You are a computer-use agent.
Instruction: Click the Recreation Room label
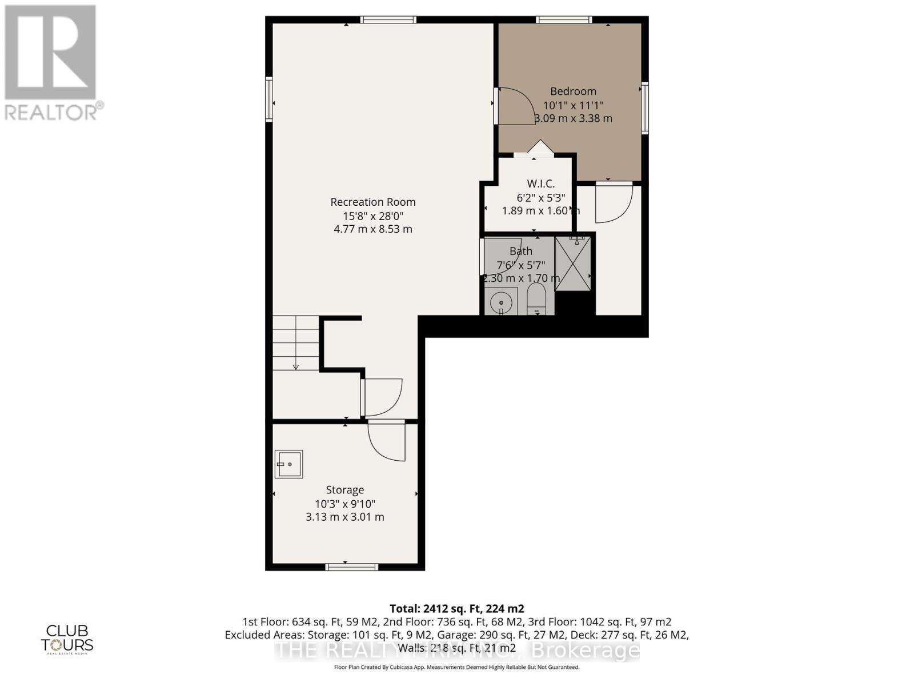tap(372, 202)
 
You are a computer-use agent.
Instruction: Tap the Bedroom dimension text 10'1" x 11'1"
tap(573, 105)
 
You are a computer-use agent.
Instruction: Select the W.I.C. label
tap(540, 184)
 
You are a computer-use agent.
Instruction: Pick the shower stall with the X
tap(573, 264)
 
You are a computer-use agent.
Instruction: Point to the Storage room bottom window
tap(351, 567)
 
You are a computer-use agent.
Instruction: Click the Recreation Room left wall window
tap(268, 99)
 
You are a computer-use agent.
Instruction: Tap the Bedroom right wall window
tap(645, 108)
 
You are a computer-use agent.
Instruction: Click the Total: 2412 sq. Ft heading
tap(456, 609)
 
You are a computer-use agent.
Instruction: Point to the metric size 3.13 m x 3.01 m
tap(344, 517)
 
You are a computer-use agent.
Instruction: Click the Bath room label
tap(520, 251)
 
